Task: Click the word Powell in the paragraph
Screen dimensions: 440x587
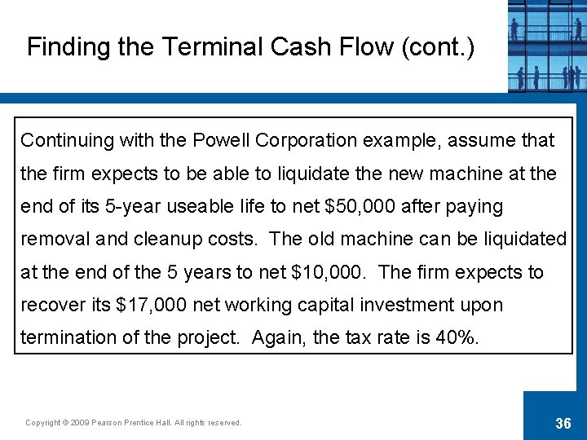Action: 222,140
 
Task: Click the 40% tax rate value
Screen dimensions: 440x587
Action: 459,337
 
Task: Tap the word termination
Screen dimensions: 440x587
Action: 67,337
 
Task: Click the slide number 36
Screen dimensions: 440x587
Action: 563,422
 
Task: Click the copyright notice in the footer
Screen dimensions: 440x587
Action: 134,422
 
